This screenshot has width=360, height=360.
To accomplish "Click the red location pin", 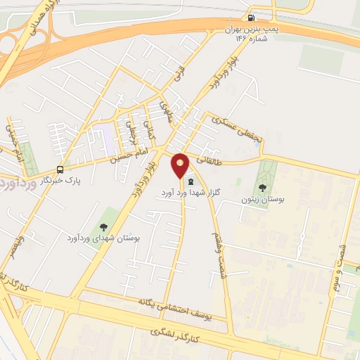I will pos(181,165).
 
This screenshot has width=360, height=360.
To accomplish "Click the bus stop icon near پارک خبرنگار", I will pos(60,169).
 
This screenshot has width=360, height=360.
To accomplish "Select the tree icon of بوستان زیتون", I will pos(262,187).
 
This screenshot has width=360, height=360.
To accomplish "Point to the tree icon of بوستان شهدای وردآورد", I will pos(104,226).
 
